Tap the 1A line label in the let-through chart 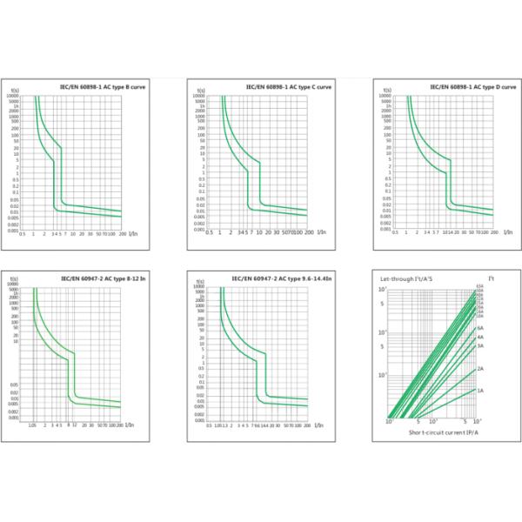[481, 391]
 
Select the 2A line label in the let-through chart [481, 369]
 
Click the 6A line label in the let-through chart [480, 328]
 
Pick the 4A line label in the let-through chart [480, 337]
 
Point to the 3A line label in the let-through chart [480, 345]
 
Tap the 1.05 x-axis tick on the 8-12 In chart [32, 425]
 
